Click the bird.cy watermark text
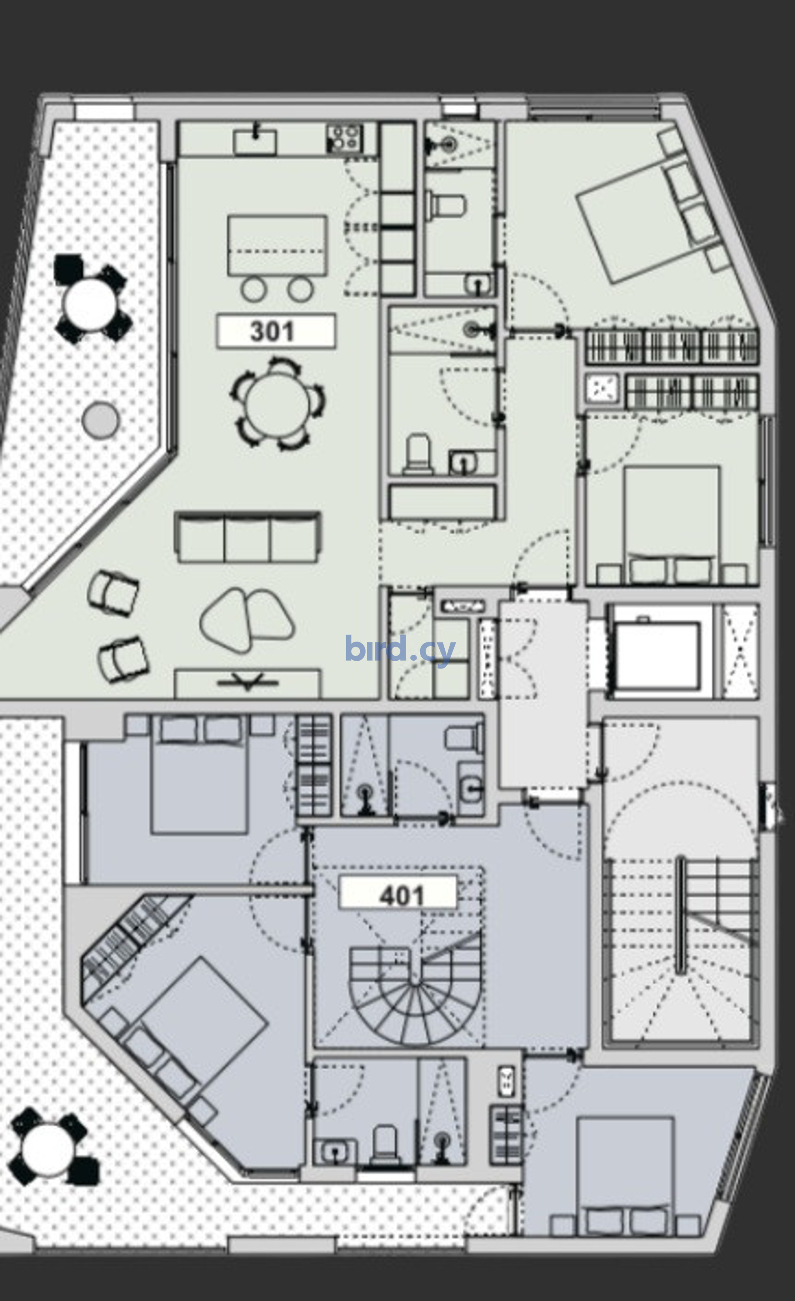coord(400,649)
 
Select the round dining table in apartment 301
coord(277,404)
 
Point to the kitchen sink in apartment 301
coord(255,140)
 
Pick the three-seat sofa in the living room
coord(247,536)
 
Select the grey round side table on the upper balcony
coord(100,420)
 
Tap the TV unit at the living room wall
coord(247,684)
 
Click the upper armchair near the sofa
coord(113,594)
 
